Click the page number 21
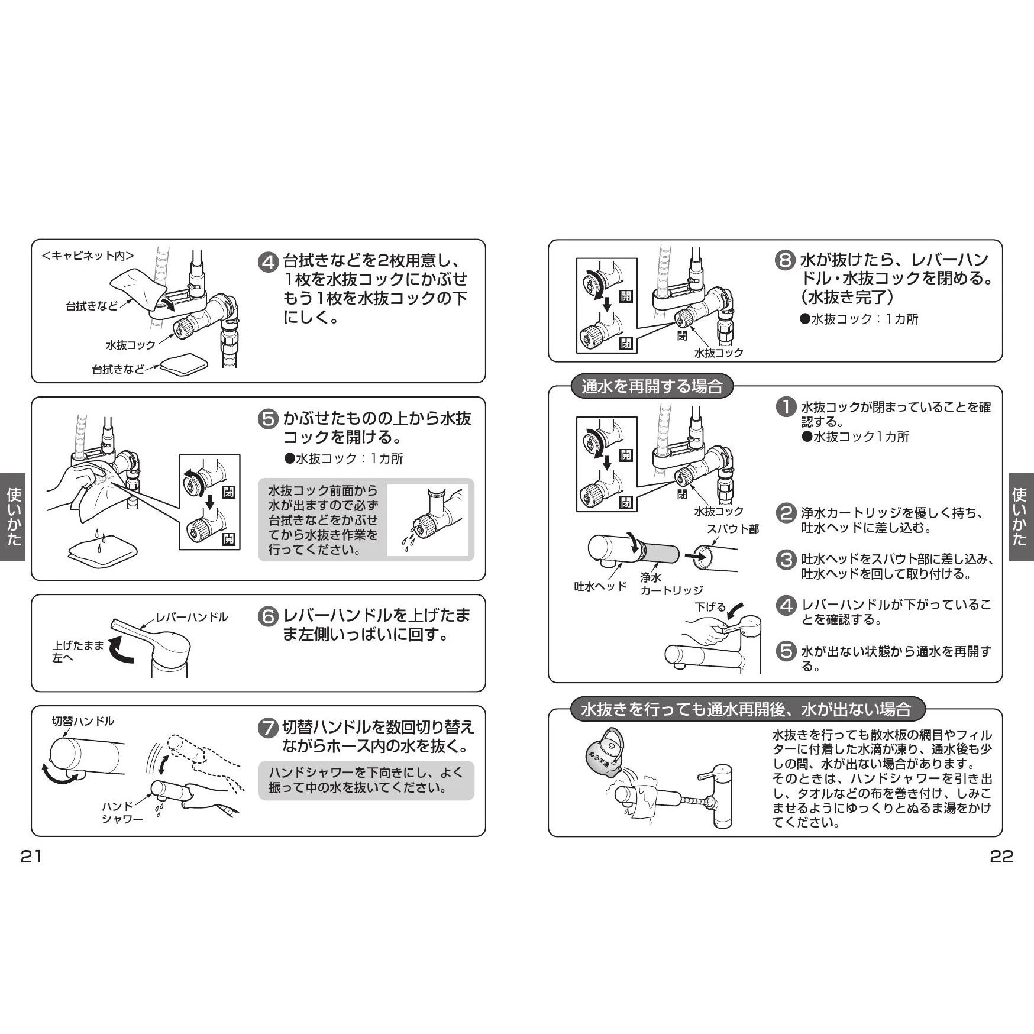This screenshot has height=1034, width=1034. [x=31, y=856]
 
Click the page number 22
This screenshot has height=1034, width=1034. [x=1001, y=856]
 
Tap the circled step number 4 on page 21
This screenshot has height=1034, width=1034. [x=269, y=262]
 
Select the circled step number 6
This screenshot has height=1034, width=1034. [x=269, y=616]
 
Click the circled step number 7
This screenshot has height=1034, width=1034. [x=269, y=728]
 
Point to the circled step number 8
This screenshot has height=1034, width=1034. [x=785, y=261]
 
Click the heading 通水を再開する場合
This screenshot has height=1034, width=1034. [x=652, y=386]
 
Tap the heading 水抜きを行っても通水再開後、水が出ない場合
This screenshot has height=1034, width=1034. [x=747, y=709]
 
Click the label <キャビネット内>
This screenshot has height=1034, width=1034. [x=88, y=256]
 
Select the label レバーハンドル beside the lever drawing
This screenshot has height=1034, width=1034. [x=192, y=617]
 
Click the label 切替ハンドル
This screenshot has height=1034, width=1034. [x=83, y=721]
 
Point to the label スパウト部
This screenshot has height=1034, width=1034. [x=733, y=529]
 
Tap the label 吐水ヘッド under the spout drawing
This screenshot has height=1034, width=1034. [x=600, y=586]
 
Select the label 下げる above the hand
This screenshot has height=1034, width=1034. [x=710, y=607]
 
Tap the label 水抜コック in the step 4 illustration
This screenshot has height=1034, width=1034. [x=131, y=345]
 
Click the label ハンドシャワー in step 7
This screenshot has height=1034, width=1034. [x=122, y=813]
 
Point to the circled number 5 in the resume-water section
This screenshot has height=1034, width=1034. [x=786, y=651]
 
